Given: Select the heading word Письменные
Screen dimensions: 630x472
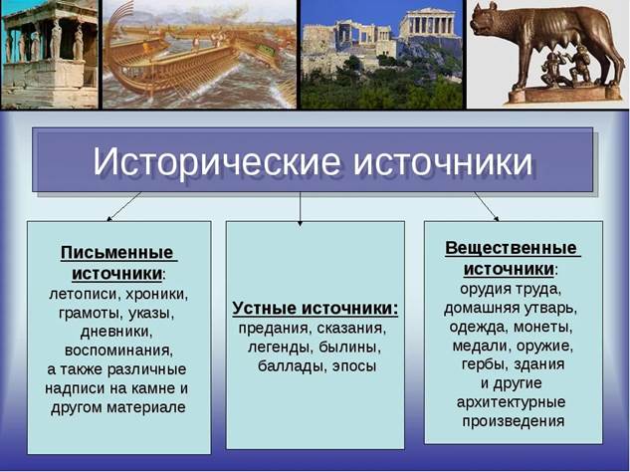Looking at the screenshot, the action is click(116, 253).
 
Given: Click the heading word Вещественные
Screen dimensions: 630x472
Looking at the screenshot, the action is click(511, 248).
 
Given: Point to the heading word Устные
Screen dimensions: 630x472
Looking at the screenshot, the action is click(265, 309).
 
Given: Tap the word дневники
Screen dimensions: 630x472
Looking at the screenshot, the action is click(116, 332).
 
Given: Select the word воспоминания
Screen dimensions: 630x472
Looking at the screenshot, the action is click(118, 351).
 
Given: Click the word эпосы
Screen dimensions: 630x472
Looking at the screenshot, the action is click(354, 366).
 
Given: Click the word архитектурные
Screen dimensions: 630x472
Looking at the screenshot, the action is click(512, 402).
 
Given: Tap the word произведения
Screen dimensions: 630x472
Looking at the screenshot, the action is click(514, 421).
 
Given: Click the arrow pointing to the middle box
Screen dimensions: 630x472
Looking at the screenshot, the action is click(300, 209).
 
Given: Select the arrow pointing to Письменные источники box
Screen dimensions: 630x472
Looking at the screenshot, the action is click(123, 206).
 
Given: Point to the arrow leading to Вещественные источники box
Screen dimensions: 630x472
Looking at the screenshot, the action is click(486, 206).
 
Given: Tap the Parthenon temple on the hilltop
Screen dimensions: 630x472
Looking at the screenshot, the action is click(427, 23).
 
